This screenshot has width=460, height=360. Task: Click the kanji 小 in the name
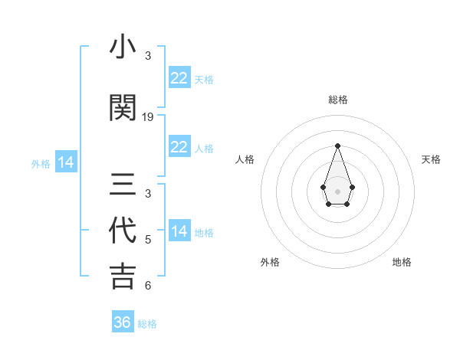point(123,47)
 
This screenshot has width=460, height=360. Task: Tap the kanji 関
point(123,109)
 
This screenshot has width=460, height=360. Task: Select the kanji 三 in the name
point(123,185)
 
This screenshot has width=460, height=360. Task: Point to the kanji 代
point(123,231)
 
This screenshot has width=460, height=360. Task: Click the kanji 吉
point(123,277)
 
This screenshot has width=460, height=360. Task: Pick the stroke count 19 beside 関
point(148,117)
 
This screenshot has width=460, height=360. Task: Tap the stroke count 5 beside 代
point(148,240)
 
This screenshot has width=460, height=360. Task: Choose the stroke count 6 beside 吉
point(148,286)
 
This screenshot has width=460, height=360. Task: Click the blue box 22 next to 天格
point(179,78)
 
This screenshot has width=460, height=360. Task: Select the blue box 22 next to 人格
point(179,147)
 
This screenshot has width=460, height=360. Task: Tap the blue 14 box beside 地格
point(179,231)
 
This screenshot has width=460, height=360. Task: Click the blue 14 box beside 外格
point(66,162)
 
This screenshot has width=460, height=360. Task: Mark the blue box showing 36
point(123,322)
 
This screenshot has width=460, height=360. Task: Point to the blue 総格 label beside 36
point(147,324)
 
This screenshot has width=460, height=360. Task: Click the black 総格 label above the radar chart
point(338,100)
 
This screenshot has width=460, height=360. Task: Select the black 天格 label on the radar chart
point(432,159)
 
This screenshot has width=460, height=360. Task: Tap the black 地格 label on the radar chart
point(402,262)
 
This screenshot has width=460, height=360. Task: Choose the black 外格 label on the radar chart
point(270,262)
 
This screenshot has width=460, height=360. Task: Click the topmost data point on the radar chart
point(337,146)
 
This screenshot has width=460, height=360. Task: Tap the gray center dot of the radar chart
point(337,191)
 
